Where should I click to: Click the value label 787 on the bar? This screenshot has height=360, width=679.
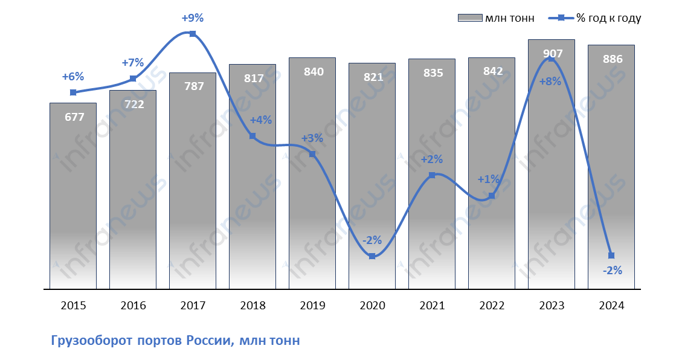193,86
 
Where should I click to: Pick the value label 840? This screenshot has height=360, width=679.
312,72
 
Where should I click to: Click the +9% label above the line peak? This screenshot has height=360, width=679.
193,18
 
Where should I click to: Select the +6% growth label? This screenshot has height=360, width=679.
73,77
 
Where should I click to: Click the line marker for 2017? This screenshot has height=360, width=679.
193,34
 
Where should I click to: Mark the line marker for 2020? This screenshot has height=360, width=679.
372,257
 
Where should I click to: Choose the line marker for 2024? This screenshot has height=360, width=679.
611,256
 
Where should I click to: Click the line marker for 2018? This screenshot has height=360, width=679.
253,136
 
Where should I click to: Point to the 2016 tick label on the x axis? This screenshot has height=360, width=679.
133,306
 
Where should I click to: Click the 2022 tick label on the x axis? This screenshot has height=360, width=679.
492,306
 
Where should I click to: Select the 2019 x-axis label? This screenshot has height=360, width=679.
312,306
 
